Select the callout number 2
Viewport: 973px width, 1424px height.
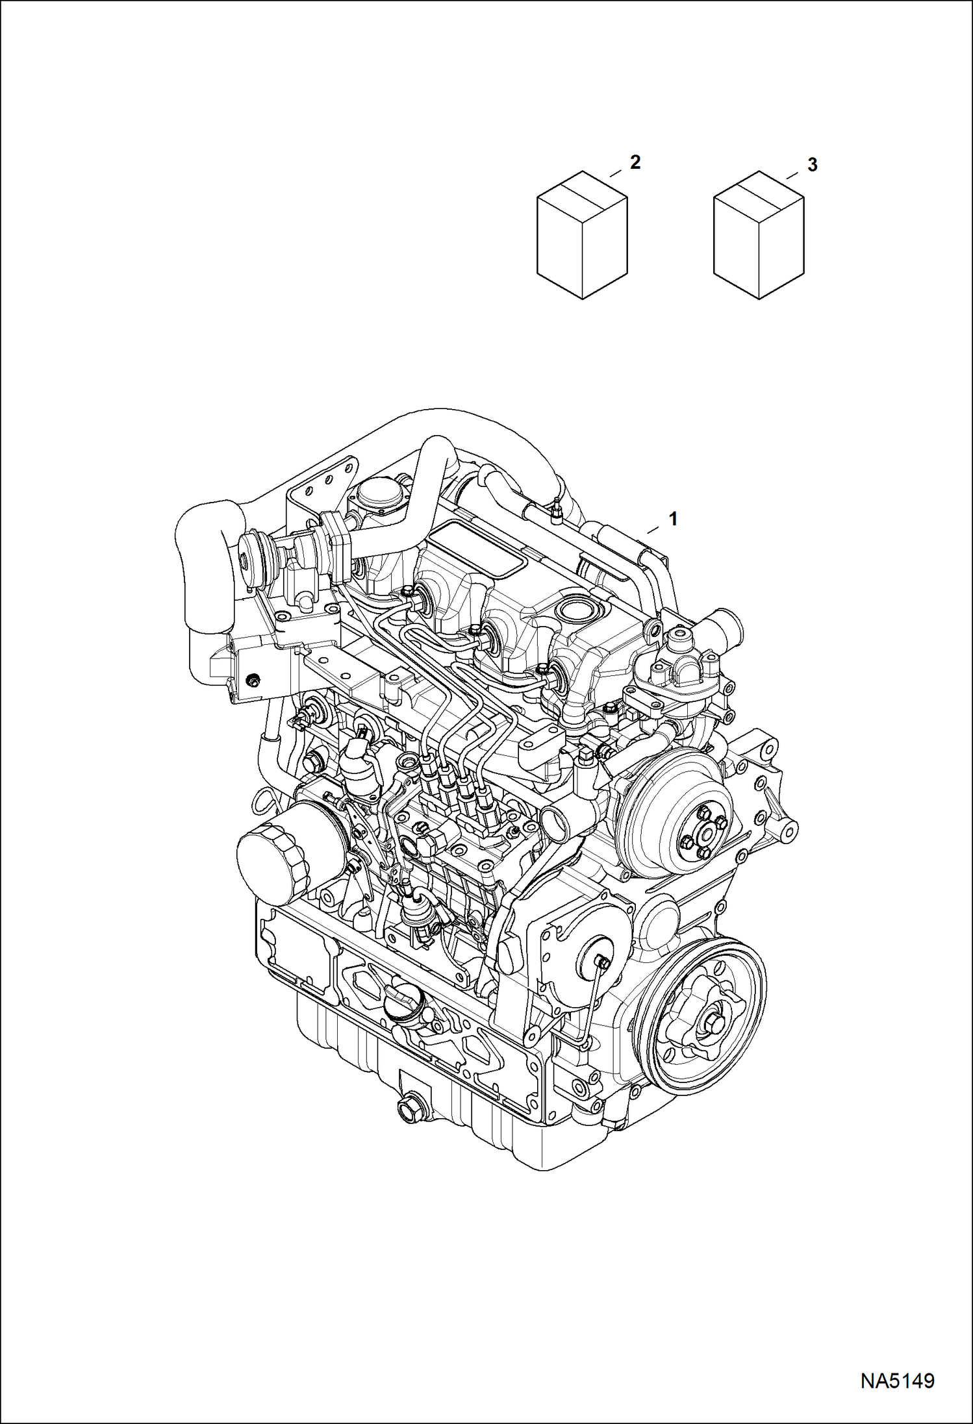(635, 162)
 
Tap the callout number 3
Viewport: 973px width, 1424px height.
(812, 165)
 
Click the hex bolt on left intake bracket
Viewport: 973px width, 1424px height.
(254, 680)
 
